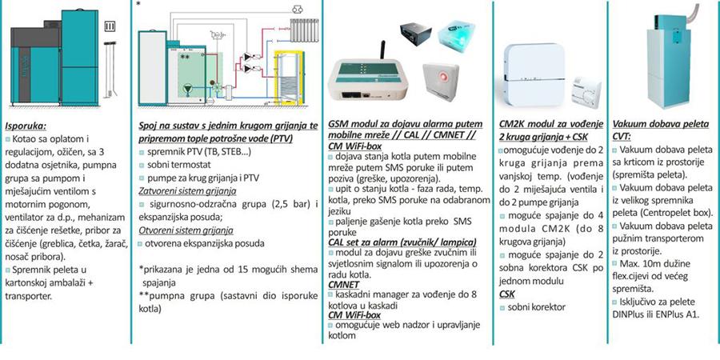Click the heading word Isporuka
pyautogui.click(x=25, y=125)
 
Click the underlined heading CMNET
pyautogui.click(x=343, y=284)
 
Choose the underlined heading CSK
pyautogui.click(x=506, y=294)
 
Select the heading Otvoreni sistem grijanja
pyautogui.click(x=182, y=232)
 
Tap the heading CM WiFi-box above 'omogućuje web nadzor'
pyautogui.click(x=354, y=314)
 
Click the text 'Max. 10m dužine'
pyautogui.click(x=651, y=264)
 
